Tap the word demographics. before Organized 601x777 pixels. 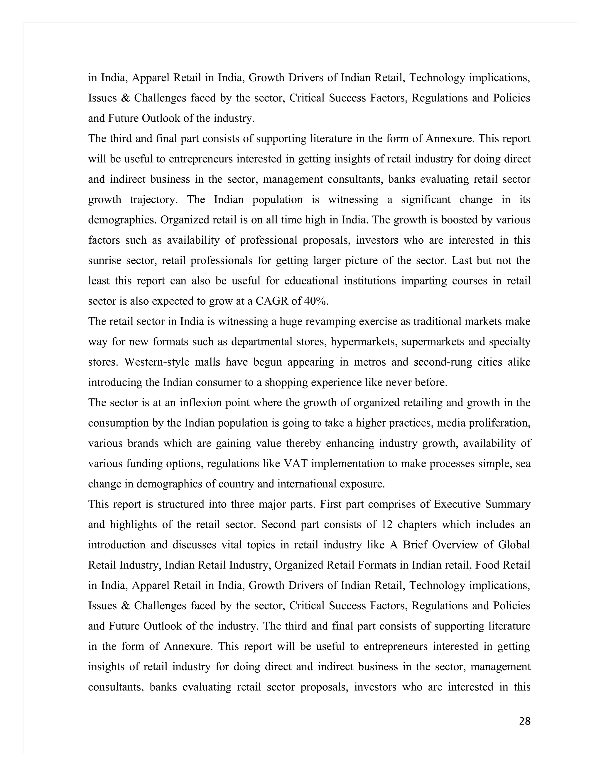tap(122, 220)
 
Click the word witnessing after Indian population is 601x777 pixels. tap(353, 200)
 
